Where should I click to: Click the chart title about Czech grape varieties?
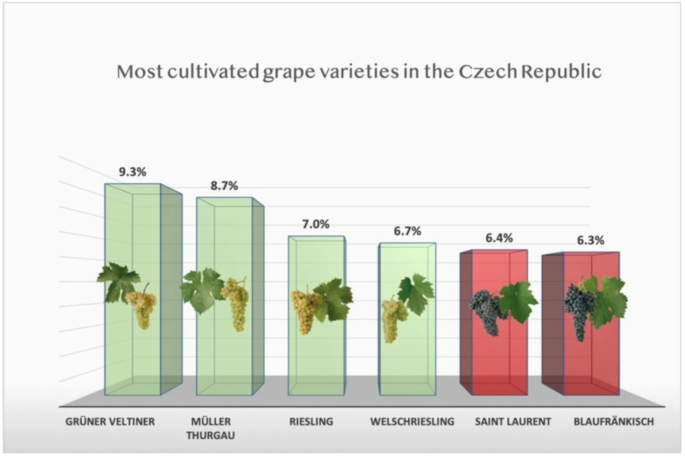point(359,72)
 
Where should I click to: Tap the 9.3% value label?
point(132,172)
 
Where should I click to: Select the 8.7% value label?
point(224,186)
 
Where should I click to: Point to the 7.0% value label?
point(315,224)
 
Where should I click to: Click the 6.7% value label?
point(407,231)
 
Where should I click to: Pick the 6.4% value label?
point(499,238)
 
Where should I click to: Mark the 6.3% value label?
point(591,240)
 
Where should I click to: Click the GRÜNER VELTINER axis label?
point(110,421)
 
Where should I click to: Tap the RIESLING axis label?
point(311,421)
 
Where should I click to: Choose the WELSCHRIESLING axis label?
point(412,421)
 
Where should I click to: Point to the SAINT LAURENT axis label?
point(513,421)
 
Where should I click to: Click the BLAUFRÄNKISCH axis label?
point(614,421)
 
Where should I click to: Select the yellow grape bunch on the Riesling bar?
point(305,310)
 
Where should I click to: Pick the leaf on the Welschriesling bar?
point(416,293)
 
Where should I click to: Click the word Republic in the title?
point(561,72)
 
